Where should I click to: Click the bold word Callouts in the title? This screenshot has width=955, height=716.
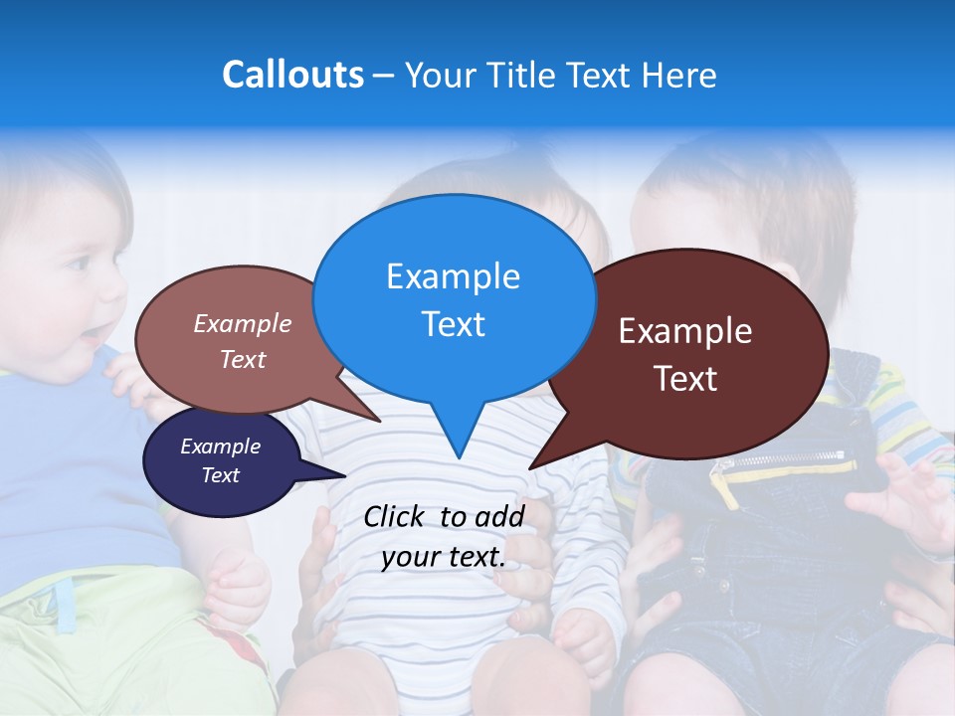point(292,76)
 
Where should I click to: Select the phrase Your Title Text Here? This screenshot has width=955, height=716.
point(560,76)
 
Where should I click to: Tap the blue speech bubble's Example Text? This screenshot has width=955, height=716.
point(453,300)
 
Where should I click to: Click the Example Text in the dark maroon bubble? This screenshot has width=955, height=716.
point(685,354)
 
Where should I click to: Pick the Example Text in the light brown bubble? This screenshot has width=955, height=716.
point(243,341)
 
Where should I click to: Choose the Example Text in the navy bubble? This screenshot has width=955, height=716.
point(220,460)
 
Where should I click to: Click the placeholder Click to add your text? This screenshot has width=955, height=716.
point(444,536)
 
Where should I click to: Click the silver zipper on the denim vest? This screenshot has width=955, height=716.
point(786,460)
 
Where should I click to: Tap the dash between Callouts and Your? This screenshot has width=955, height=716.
point(384,76)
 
